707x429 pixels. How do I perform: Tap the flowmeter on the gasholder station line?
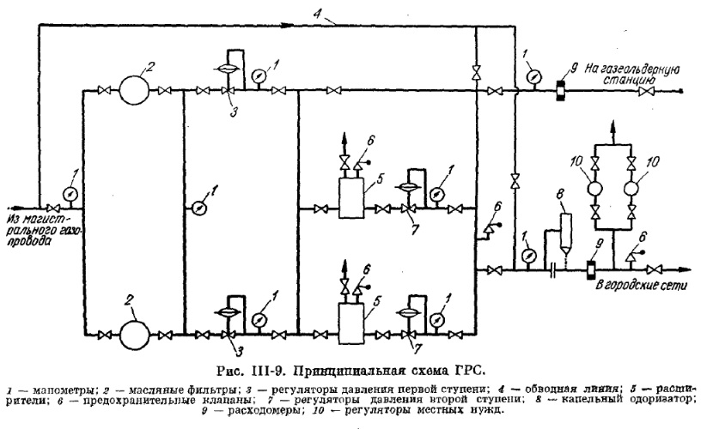[556, 88]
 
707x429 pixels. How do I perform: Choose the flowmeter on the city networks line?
[589, 269]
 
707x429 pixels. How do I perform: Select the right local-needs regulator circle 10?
[637, 186]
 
